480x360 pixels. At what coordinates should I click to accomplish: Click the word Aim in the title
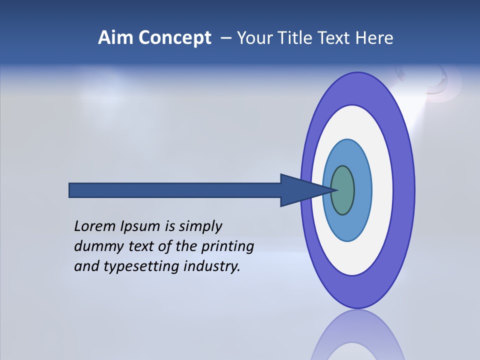[x=115, y=37]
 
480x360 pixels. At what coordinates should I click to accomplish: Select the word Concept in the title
[x=174, y=38]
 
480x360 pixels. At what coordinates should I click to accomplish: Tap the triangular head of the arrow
[x=300, y=190]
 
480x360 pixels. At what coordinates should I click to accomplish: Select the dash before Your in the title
[x=225, y=38]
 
